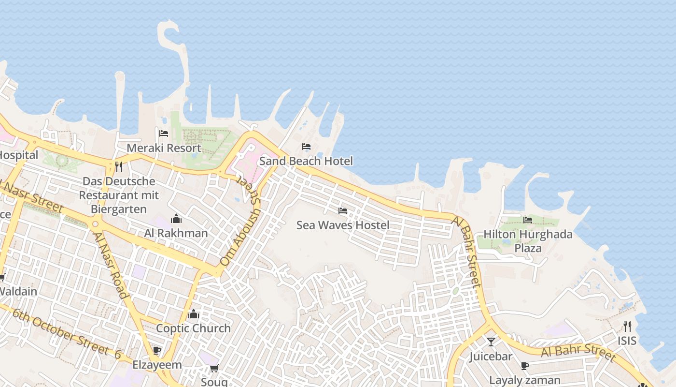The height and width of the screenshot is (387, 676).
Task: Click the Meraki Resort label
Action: click(x=164, y=148)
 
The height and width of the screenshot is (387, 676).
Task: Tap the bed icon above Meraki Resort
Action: click(x=164, y=134)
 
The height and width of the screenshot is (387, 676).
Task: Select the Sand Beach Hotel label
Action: click(x=306, y=161)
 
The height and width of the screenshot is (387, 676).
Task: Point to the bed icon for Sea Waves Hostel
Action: click(x=343, y=211)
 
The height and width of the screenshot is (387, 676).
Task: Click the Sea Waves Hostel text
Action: click(x=343, y=225)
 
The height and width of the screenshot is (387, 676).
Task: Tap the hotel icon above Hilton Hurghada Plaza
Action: click(x=528, y=220)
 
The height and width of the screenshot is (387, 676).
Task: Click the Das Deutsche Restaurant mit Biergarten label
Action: click(x=119, y=195)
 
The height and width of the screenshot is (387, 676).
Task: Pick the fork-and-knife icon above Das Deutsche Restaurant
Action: click(x=119, y=167)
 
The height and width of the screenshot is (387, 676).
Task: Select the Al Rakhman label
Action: click(x=176, y=233)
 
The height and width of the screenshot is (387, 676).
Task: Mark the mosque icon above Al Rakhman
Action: click(x=176, y=219)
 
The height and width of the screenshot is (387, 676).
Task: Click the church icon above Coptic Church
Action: click(x=194, y=314)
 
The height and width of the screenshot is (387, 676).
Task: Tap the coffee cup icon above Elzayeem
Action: click(x=156, y=350)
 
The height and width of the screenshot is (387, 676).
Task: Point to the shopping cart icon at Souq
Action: click(x=214, y=369)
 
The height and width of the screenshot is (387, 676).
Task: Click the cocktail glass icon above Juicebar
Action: click(x=491, y=342)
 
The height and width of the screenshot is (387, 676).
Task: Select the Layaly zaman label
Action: click(x=525, y=380)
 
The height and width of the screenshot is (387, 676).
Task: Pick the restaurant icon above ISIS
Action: click(x=627, y=327)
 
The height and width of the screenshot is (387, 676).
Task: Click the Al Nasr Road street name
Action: click(x=111, y=265)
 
